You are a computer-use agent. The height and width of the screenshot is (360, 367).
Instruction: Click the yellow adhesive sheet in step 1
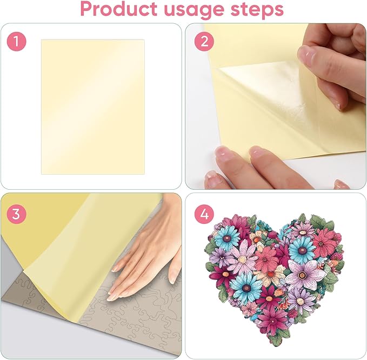click(92, 106)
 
